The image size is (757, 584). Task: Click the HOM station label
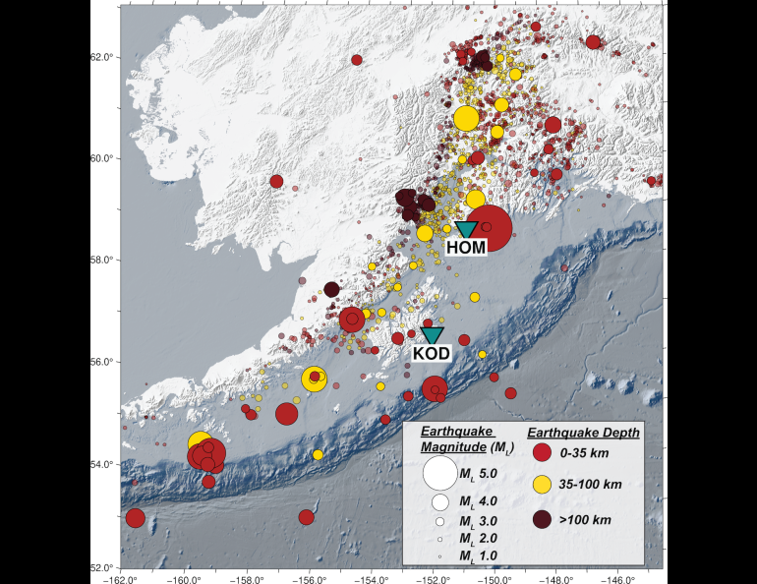(466, 248)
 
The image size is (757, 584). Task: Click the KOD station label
(432, 353)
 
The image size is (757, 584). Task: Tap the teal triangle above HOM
(466, 229)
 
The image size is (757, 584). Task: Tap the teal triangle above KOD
(432, 335)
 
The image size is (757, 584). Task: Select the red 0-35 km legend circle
(541, 453)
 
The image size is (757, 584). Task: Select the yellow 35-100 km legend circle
(541, 485)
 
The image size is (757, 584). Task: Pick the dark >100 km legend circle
(541, 518)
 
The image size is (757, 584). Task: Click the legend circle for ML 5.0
(439, 473)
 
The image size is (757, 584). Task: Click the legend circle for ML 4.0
(439, 501)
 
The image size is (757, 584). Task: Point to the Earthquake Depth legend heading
(584, 432)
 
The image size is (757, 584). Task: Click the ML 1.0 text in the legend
(479, 556)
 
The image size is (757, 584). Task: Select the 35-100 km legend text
(590, 485)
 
